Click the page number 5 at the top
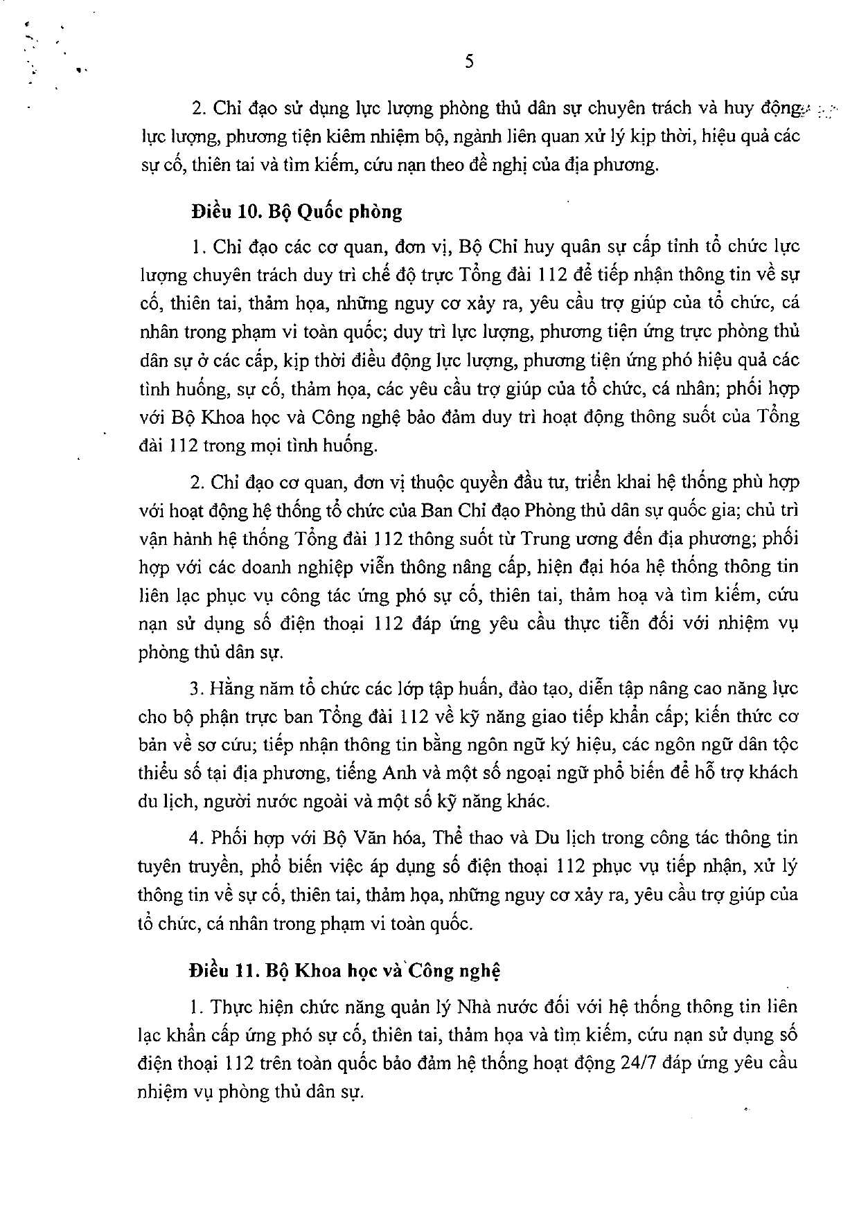pos(469,62)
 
